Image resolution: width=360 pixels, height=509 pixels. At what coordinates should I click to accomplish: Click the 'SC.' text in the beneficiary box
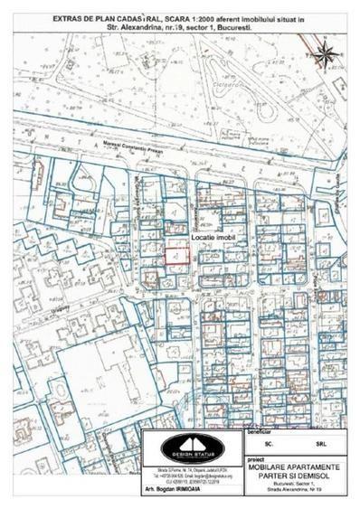268,445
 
